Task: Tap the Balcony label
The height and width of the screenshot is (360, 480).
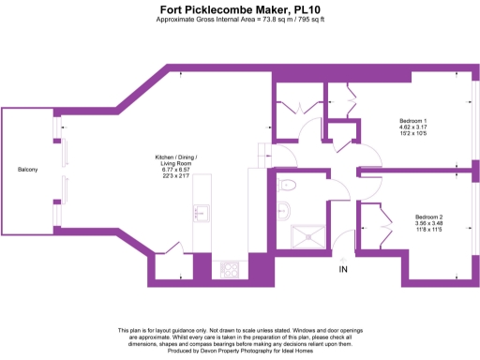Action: point(27,169)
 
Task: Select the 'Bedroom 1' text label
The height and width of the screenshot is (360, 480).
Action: point(413,122)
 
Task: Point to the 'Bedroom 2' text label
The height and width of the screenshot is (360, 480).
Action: point(428,217)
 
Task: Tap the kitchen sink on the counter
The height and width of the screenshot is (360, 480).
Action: point(200,212)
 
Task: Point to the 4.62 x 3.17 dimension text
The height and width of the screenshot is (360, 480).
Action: point(413,128)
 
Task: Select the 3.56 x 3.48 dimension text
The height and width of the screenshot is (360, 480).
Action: point(428,223)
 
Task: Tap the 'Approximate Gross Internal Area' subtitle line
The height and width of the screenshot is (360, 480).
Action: point(239,19)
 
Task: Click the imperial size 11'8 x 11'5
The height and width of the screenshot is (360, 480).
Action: point(428,230)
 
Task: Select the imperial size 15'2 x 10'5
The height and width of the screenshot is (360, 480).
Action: point(413,135)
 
